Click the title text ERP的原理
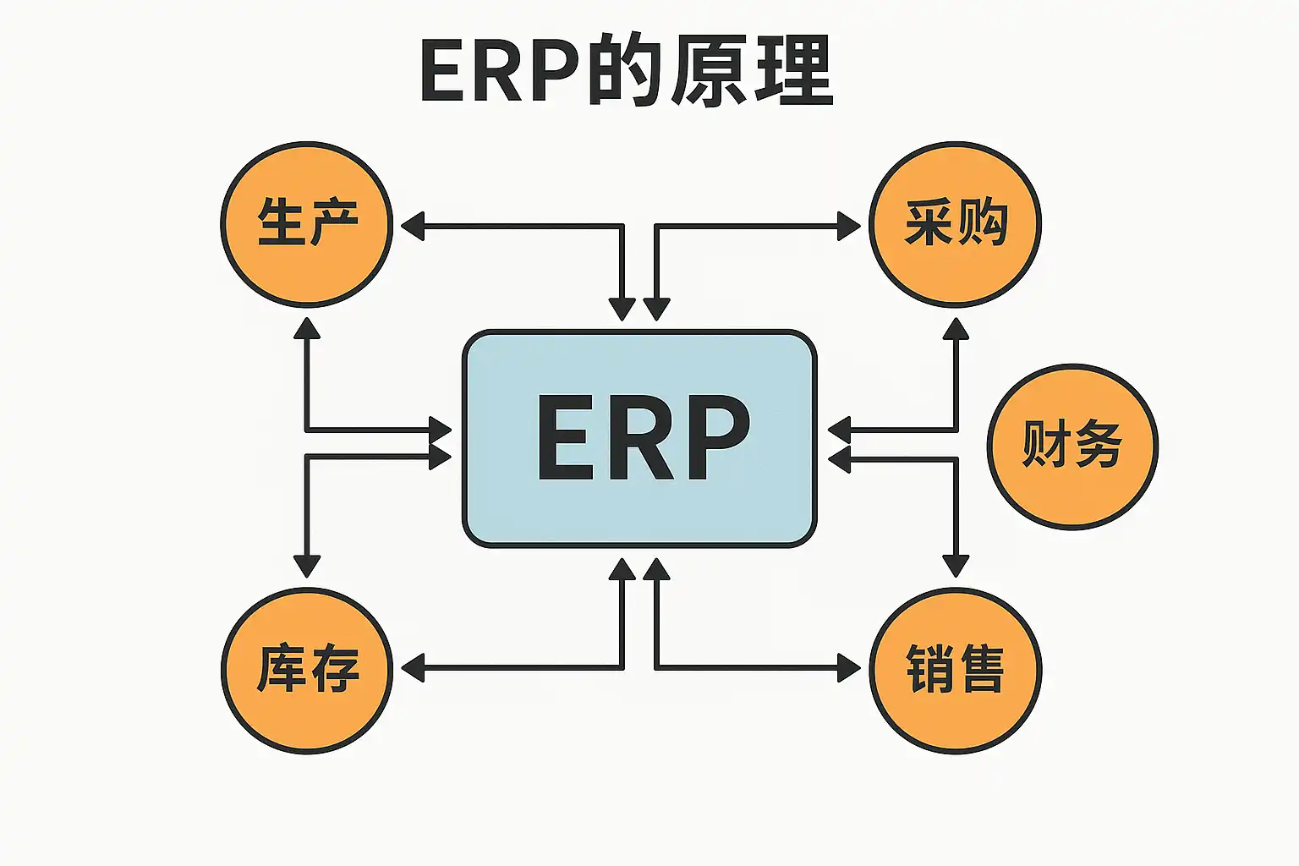626,71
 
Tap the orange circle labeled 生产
307,223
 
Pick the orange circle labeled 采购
956,223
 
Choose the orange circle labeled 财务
1072,446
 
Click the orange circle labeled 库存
307,670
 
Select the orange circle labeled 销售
956,670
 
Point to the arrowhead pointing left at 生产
412,227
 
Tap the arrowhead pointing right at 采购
848,227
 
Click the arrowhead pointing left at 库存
412,668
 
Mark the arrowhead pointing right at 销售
848,668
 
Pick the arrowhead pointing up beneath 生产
307,328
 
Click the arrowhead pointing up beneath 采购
956,328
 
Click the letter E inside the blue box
566,438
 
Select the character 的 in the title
622,71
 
